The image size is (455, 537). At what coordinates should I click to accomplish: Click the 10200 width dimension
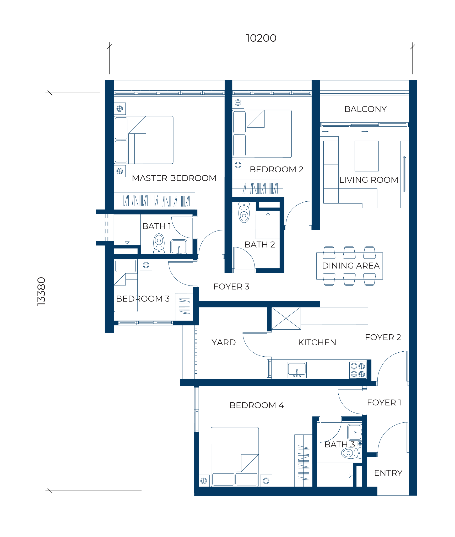[x=261, y=38]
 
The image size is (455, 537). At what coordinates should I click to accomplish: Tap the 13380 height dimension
[x=41, y=291]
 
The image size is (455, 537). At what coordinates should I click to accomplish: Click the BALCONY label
[x=365, y=109]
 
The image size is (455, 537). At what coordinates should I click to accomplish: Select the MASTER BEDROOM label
[x=174, y=178]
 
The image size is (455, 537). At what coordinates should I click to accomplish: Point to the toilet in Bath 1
[x=159, y=244]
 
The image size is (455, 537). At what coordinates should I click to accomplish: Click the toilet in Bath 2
[x=244, y=212]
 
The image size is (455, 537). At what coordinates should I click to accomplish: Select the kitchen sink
[x=297, y=370]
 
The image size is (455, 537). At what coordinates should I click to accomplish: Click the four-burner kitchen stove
[x=358, y=370]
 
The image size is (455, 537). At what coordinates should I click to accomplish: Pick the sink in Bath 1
[x=179, y=247]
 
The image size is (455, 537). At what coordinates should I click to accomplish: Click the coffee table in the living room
[x=366, y=156]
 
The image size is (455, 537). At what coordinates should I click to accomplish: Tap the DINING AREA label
[x=351, y=266]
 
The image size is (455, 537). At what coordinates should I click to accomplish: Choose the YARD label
[x=224, y=342]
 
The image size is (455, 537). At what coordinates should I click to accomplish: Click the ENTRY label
[x=388, y=473]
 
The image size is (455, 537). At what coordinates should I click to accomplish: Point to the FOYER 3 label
[x=231, y=287]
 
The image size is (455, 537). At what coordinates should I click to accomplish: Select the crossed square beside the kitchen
[x=286, y=318]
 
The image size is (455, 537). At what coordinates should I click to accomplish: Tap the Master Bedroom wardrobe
[x=154, y=201]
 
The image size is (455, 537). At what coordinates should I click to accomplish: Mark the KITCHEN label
[x=317, y=342]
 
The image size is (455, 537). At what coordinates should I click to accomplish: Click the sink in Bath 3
[x=355, y=432]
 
